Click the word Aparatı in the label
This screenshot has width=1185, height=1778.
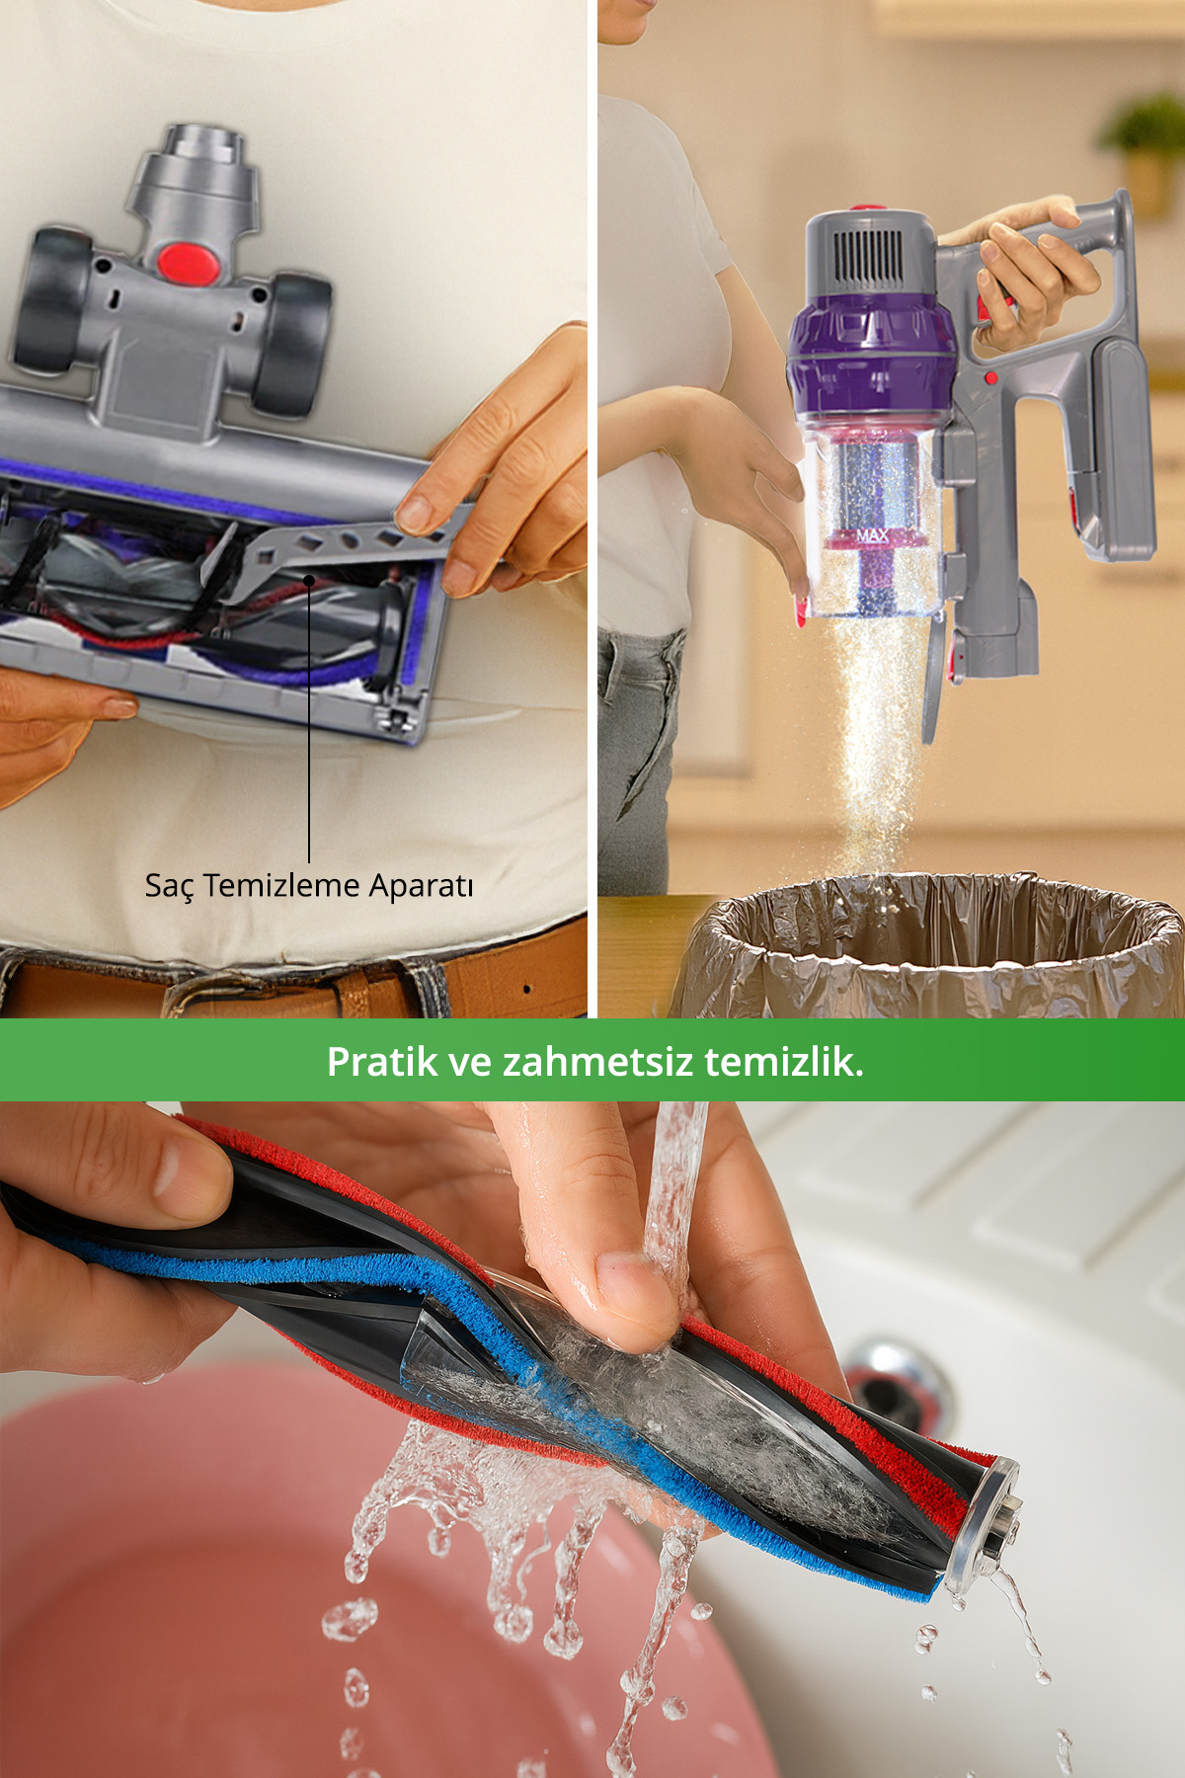[x=421, y=886]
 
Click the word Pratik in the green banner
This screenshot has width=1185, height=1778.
[x=382, y=1062]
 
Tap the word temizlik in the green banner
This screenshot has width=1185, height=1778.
[x=784, y=1062]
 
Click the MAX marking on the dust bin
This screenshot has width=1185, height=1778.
[x=872, y=536]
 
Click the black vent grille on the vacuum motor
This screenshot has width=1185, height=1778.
[x=869, y=254]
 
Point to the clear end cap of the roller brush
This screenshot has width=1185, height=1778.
[x=983, y=1527]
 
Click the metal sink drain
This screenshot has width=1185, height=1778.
[x=898, y=1382]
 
